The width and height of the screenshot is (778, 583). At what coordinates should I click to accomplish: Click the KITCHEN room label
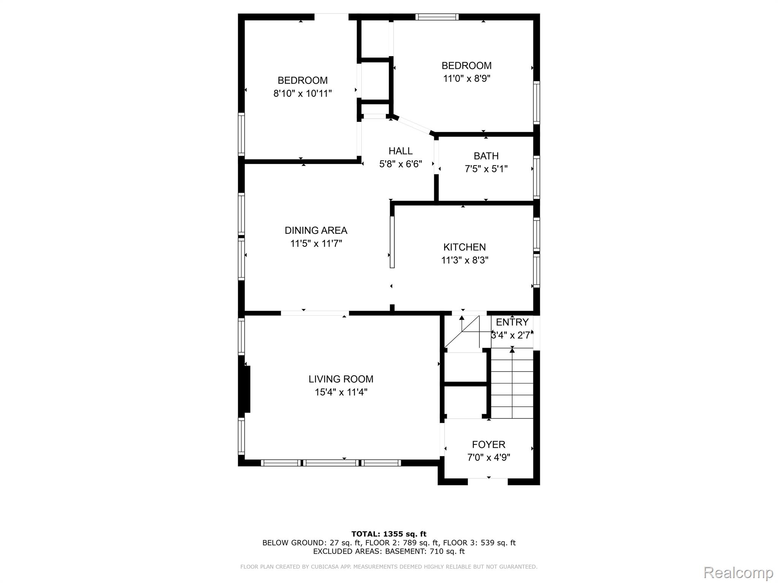click(x=464, y=247)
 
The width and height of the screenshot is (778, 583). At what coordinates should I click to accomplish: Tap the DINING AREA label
click(x=316, y=230)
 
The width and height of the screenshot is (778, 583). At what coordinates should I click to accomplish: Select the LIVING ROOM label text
click(x=341, y=379)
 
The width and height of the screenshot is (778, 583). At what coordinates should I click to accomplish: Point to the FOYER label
click(x=489, y=444)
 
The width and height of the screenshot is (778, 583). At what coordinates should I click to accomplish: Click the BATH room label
click(x=486, y=156)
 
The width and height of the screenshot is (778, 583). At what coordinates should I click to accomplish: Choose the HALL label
click(x=400, y=151)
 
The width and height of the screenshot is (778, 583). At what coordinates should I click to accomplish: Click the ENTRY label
click(x=512, y=322)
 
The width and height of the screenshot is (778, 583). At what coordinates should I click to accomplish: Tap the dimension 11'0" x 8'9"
click(x=466, y=79)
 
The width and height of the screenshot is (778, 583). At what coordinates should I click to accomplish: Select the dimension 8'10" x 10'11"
click(x=302, y=93)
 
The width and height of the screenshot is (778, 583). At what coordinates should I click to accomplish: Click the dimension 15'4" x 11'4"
click(x=341, y=392)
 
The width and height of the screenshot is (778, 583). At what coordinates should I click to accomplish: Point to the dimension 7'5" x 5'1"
click(x=486, y=169)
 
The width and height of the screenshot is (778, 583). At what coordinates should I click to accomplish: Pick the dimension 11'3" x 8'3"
click(x=464, y=260)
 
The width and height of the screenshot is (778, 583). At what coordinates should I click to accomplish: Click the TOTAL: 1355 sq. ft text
click(x=389, y=534)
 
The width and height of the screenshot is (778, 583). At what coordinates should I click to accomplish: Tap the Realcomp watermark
click(x=738, y=573)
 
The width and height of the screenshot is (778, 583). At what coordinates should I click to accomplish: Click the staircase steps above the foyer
click(x=512, y=384)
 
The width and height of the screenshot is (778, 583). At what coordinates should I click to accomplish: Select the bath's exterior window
click(x=536, y=177)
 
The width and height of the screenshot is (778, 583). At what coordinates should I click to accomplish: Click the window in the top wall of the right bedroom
click(x=437, y=17)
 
